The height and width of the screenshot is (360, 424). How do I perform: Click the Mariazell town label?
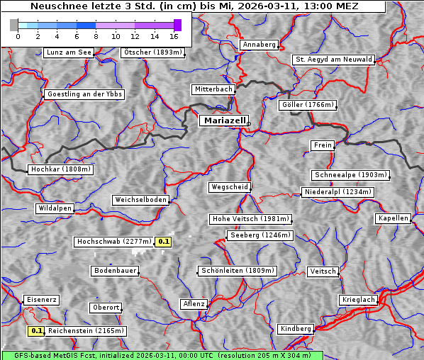[223, 120]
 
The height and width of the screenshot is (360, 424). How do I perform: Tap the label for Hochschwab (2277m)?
[113, 242]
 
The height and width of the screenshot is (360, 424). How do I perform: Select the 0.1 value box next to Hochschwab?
[164, 242]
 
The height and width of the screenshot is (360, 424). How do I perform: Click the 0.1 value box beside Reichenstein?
[36, 330]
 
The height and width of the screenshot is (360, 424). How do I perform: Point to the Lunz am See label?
[68, 52]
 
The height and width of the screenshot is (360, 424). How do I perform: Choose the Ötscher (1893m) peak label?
[152, 52]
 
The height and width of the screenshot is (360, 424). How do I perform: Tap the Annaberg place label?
[259, 45]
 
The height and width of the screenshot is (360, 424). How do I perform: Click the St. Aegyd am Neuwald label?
[333, 60]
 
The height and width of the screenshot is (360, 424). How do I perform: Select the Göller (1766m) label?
[307, 105]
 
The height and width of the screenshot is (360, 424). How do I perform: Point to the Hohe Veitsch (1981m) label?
[250, 219]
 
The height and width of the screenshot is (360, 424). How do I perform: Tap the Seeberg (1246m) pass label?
[259, 235]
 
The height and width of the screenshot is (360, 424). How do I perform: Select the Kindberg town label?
[296, 329]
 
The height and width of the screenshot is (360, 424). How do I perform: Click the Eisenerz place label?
[40, 300]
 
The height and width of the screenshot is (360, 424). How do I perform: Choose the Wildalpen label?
[55, 208]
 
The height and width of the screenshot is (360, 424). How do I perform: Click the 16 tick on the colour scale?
[174, 35]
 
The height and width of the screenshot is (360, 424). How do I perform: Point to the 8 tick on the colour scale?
[96, 35]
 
